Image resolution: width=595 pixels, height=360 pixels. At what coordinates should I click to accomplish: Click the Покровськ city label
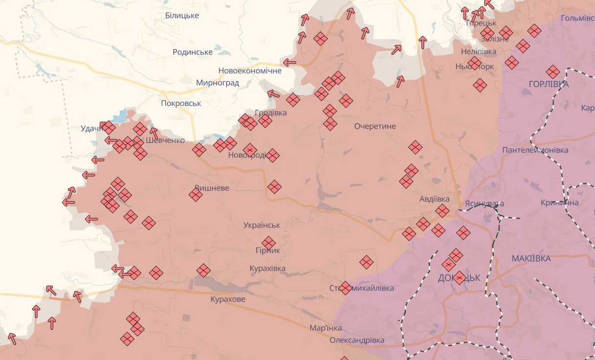tap(181, 103)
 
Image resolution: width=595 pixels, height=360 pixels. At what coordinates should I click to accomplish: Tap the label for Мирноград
tap(217, 83)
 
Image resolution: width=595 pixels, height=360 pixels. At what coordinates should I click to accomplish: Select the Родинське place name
tap(193, 52)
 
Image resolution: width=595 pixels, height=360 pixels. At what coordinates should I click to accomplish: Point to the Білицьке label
tap(182, 16)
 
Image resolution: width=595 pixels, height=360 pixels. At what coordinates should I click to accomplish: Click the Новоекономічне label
tap(250, 70)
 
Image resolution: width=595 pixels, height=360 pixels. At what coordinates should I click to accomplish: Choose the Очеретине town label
tap(375, 126)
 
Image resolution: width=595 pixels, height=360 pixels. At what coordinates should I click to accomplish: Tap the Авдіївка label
tap(434, 199)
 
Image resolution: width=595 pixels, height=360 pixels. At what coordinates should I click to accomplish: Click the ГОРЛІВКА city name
tap(549, 84)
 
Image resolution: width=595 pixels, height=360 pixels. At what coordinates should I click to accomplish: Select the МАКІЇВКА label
tap(531, 258)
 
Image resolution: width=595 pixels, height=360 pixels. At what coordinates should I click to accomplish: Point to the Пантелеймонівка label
tap(535, 150)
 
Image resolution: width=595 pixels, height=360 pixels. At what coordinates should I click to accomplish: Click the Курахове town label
tap(228, 299)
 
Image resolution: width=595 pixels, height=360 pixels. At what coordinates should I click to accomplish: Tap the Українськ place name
tap(262, 225)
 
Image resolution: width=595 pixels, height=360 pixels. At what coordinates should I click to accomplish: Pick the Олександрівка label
tap(357, 340)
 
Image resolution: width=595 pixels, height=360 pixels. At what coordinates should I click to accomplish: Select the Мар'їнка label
tap(325, 328)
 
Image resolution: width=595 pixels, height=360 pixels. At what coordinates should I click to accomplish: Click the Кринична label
tap(559, 202)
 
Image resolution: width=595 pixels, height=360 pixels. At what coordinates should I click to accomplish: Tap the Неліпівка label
tap(479, 51)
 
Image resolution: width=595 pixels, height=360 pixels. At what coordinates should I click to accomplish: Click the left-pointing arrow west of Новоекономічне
tap(290, 62)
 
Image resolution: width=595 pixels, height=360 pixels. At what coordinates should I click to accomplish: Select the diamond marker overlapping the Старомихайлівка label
tap(345, 288)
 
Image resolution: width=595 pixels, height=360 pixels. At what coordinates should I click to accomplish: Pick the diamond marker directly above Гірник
tap(268, 243)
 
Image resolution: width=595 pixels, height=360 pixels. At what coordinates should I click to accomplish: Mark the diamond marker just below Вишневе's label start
tap(196, 195)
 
